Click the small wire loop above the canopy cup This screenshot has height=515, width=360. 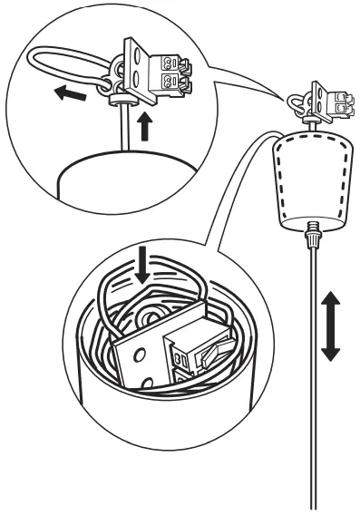click(298, 102)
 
